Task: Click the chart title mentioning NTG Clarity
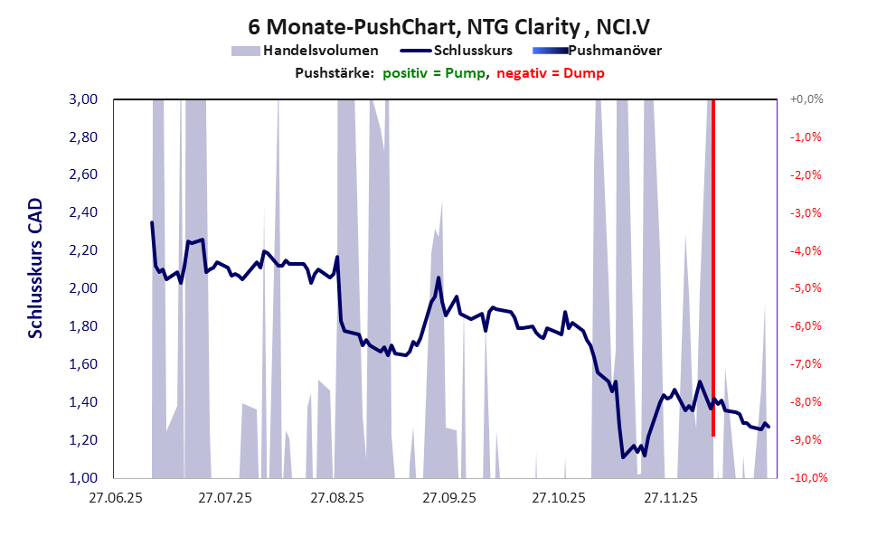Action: [447, 24]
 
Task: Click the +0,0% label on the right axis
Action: [806, 99]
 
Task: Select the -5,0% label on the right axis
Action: [806, 288]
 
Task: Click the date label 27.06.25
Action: [115, 498]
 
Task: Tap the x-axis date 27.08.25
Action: [336, 498]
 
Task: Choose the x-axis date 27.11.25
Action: [670, 498]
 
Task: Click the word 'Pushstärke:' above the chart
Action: [335, 73]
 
